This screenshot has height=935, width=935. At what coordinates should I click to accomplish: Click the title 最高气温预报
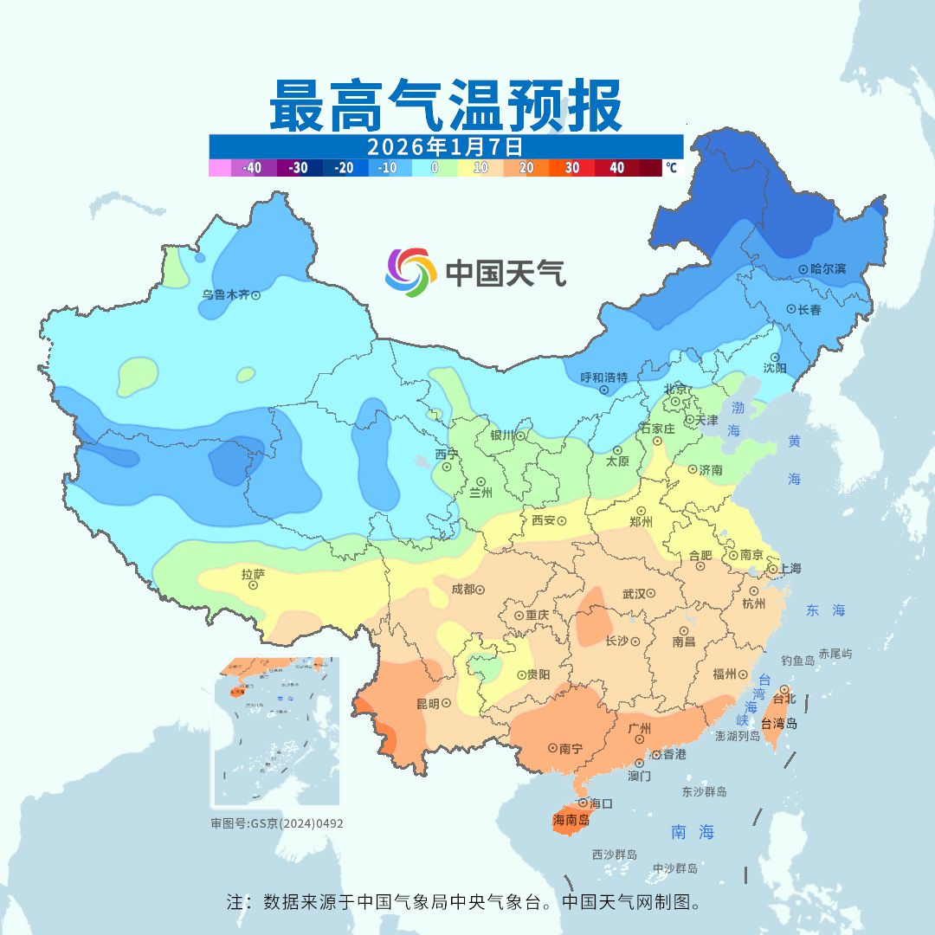pos(445,105)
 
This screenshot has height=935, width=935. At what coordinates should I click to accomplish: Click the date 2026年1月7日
pos(445,145)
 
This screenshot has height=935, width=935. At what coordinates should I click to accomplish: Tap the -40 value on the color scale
pos(252,168)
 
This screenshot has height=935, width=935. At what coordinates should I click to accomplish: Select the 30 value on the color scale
pos(572,168)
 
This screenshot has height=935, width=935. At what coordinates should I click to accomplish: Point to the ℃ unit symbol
pos(672,168)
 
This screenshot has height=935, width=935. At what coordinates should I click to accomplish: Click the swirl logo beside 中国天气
pos(410,272)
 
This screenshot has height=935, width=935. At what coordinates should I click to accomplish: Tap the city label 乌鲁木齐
pos(226,295)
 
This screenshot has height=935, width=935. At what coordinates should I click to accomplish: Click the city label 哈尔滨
pos(829,269)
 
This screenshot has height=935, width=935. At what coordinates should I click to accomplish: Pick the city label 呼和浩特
pos(604,377)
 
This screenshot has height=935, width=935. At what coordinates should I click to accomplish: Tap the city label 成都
pos(463,590)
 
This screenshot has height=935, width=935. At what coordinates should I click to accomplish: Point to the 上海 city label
pos(790,569)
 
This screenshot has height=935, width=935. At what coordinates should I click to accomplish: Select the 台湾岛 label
pos(778,724)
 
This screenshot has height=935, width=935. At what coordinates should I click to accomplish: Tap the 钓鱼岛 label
pos(797,661)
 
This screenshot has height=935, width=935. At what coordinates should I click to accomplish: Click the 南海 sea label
pos(693,833)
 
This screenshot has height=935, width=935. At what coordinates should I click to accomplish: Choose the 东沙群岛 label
pos(704,791)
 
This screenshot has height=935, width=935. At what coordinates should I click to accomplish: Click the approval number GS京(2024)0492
pos(277,823)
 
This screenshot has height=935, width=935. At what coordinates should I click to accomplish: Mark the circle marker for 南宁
pos(552,748)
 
